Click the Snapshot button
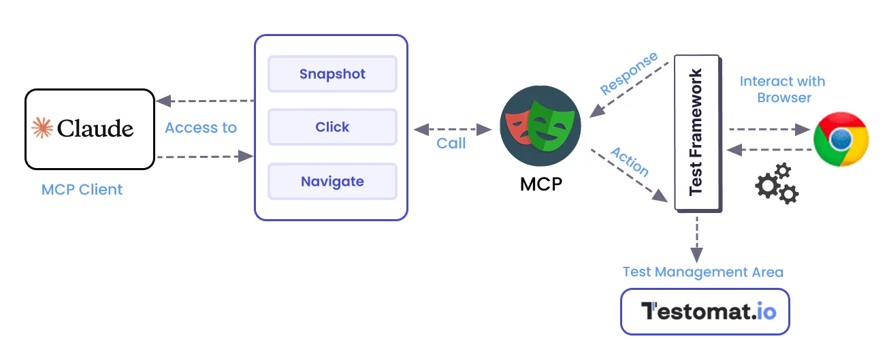pos(332,74)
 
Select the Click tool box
pos(332,127)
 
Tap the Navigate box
pos(332,182)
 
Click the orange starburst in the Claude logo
pos(42,128)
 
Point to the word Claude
pos(95,128)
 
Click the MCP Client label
pos(82,189)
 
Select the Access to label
pos(201,128)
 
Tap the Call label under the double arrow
pos(451,143)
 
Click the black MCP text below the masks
pos(542,184)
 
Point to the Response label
pos(629,73)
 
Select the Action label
pos(630,161)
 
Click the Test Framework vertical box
pos(698,133)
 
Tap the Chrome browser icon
pos(841,139)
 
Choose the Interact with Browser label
pos(783,89)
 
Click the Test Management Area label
pos(703,272)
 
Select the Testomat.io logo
pos(705,312)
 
